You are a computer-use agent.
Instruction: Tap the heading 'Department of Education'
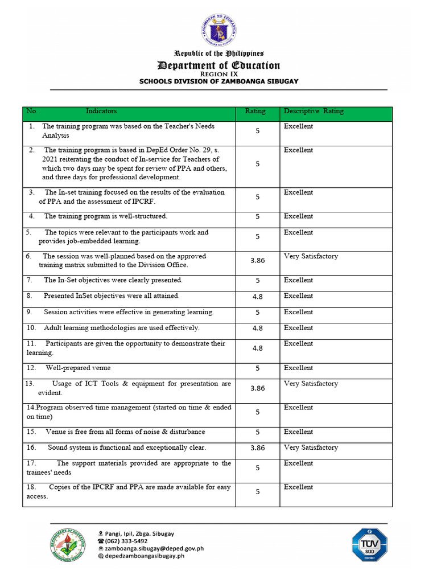click(x=218, y=65)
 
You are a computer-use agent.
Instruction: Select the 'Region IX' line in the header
click(x=218, y=74)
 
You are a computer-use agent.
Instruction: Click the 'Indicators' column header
click(x=101, y=112)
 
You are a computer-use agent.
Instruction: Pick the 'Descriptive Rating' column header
click(x=314, y=112)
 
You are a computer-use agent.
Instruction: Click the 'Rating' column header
click(x=255, y=112)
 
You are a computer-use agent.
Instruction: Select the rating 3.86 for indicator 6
click(x=258, y=260)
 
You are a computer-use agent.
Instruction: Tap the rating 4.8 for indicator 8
click(x=258, y=296)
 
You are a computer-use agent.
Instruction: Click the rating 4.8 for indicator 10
click(x=258, y=328)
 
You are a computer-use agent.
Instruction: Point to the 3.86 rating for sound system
click(x=258, y=448)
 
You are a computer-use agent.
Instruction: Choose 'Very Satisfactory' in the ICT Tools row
click(x=311, y=384)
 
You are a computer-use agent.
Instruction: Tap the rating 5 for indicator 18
click(x=258, y=491)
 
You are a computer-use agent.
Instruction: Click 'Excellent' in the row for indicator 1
click(x=298, y=126)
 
